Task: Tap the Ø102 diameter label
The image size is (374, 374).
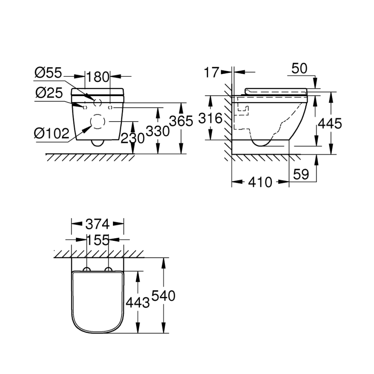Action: (x=52, y=134)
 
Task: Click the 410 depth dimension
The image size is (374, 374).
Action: (x=261, y=183)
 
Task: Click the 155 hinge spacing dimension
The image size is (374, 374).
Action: (x=97, y=240)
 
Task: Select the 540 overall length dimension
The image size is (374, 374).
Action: (x=163, y=296)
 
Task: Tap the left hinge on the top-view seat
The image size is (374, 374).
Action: (x=87, y=270)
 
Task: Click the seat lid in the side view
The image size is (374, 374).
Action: (x=276, y=91)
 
